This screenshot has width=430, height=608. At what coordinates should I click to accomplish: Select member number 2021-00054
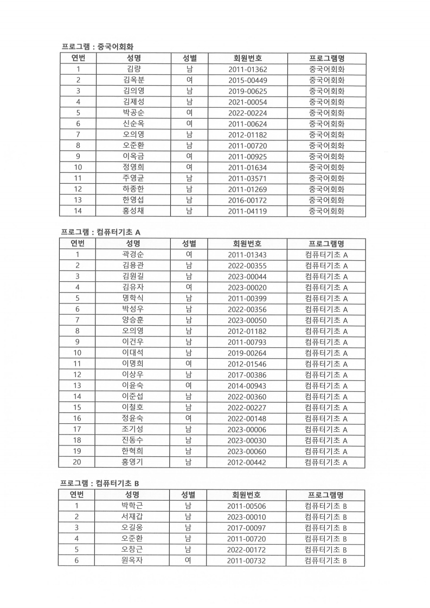point(247,102)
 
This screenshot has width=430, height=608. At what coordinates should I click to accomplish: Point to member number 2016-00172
point(247,200)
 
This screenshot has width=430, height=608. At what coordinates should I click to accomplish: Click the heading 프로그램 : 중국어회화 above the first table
point(97,47)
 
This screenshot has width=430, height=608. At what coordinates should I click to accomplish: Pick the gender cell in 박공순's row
point(189,113)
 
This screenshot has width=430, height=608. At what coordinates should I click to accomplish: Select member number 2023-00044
point(247,276)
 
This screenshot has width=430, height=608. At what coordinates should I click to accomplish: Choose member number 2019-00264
point(247,353)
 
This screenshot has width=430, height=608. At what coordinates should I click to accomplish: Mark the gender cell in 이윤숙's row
point(189,385)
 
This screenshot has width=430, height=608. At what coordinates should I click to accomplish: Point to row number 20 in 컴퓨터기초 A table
point(78,462)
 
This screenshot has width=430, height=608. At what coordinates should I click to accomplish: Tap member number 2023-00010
point(247,517)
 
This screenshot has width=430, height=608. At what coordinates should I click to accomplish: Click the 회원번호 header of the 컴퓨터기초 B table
point(247,495)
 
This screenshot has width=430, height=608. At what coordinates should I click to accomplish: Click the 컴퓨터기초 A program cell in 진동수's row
point(326,440)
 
